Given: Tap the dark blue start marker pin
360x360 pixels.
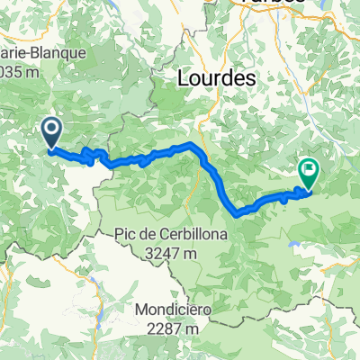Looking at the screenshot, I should (x=51, y=133).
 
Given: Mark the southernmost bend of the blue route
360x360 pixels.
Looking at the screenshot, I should (x=238, y=214).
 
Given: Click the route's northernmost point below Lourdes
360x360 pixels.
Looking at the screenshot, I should (x=191, y=144).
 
